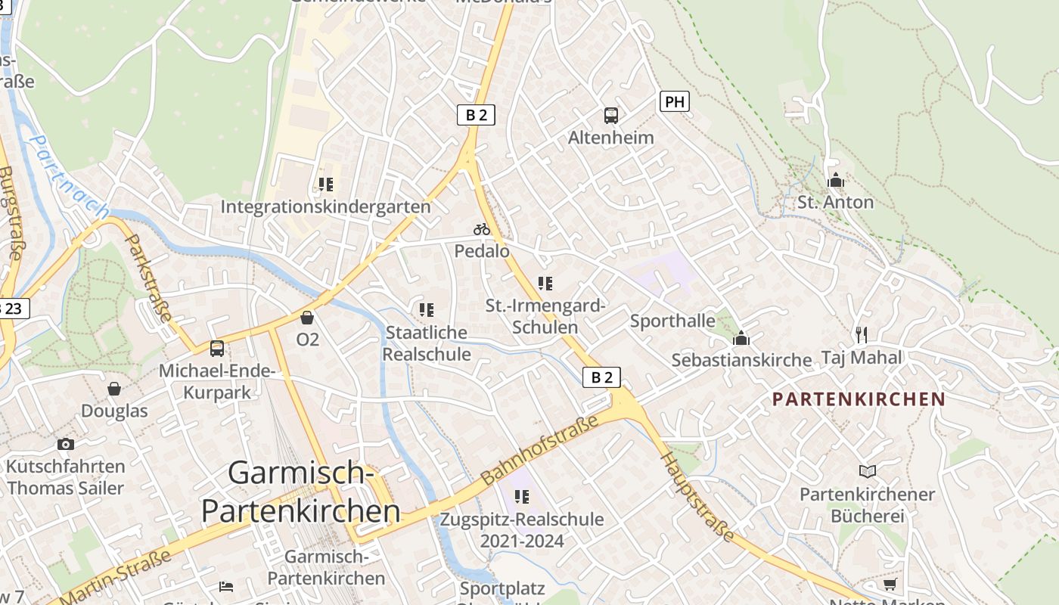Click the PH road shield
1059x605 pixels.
[674, 101]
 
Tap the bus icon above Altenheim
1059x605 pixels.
[611, 116]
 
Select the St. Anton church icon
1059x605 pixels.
[836, 180]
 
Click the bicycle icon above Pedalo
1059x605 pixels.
[482, 228]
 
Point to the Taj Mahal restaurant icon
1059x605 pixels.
[861, 334]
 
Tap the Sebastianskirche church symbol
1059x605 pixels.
[741, 337]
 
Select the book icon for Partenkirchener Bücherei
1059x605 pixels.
[868, 472]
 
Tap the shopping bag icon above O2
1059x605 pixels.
[307, 317]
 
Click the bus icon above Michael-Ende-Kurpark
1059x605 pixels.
[217, 349]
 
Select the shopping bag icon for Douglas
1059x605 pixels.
[114, 389]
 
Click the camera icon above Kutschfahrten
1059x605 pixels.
[66, 444]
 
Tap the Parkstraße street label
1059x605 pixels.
[149, 278]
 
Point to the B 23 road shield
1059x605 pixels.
[14, 309]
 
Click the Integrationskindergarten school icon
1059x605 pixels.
[326, 185]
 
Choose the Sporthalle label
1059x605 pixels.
[672, 321]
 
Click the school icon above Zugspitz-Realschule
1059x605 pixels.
[522, 497]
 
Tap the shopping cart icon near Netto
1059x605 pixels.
[890, 585]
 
